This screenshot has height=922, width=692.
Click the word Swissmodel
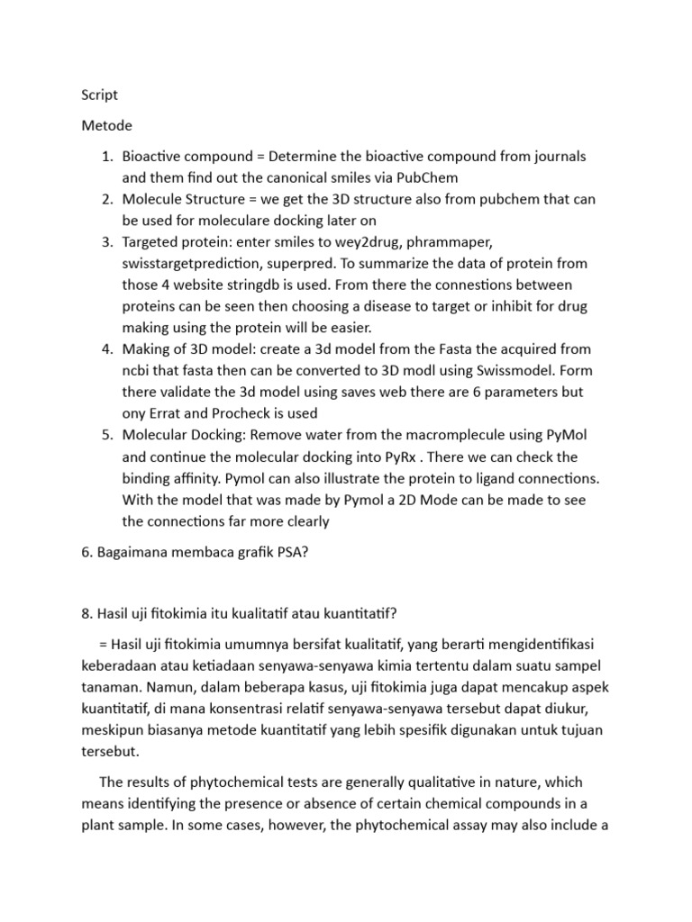479,371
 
